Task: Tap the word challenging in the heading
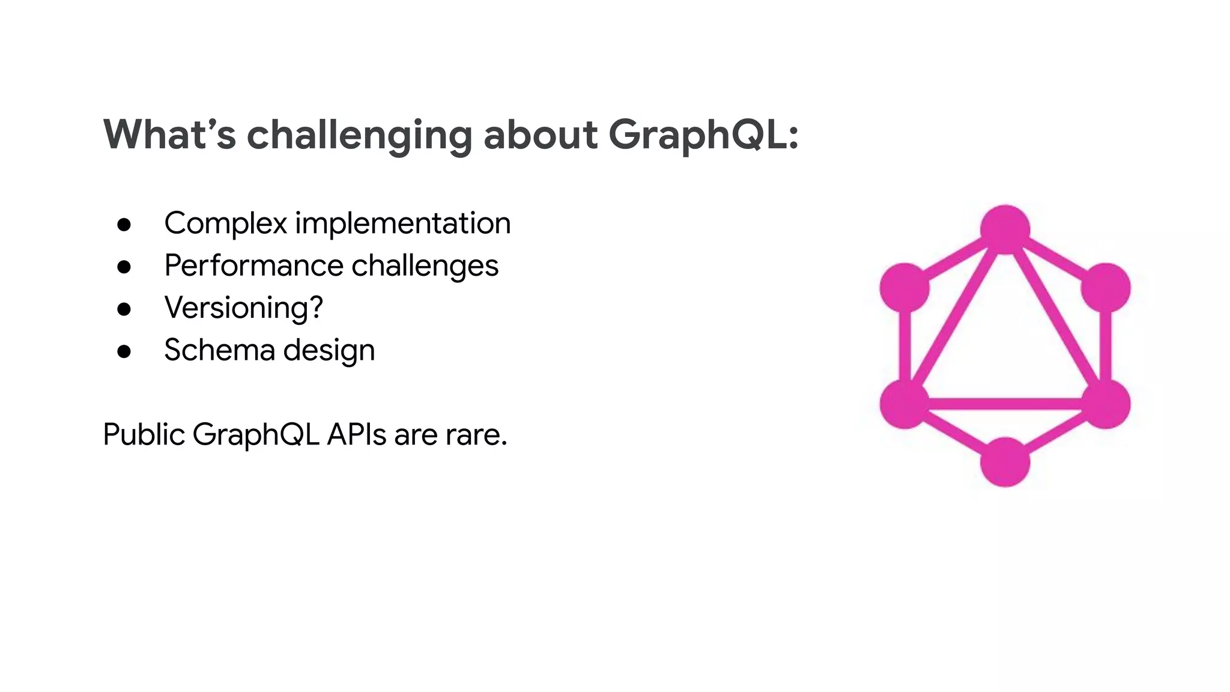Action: tap(359, 136)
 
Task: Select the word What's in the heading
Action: tap(169, 135)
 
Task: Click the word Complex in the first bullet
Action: tap(226, 223)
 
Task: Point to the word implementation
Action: tap(402, 223)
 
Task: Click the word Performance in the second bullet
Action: tap(255, 266)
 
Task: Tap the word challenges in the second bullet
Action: tap(425, 266)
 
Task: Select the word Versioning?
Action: tap(243, 308)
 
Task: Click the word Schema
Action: tap(219, 350)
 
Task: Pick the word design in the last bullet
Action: tap(329, 351)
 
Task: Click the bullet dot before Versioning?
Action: tap(124, 309)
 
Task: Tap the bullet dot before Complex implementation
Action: tap(124, 225)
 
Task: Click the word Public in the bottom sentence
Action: tap(144, 434)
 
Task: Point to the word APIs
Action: tap(356, 434)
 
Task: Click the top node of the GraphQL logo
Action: tap(1005, 229)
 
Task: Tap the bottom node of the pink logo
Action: tap(1005, 462)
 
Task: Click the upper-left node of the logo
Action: tap(904, 288)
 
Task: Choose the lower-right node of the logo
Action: tap(1105, 404)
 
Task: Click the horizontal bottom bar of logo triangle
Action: tap(1005, 404)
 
